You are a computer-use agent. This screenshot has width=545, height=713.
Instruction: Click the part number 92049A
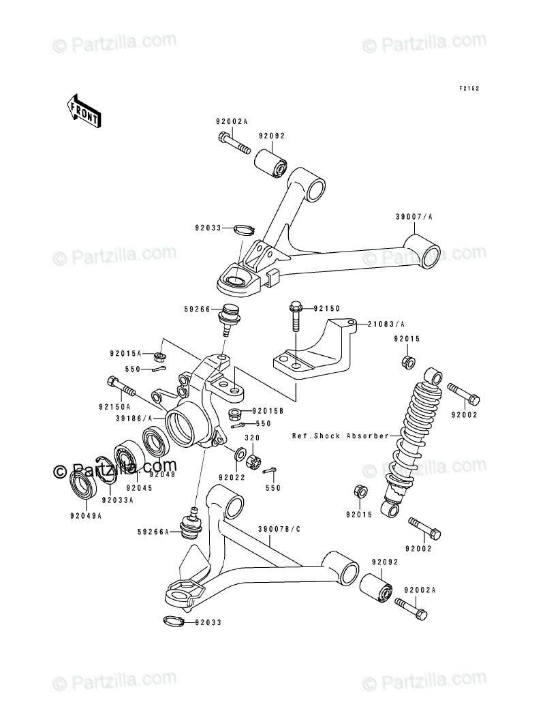[x=85, y=515]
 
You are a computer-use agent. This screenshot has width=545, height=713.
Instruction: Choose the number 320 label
[x=252, y=439]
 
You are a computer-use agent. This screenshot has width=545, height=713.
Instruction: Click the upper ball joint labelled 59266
[x=225, y=318]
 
